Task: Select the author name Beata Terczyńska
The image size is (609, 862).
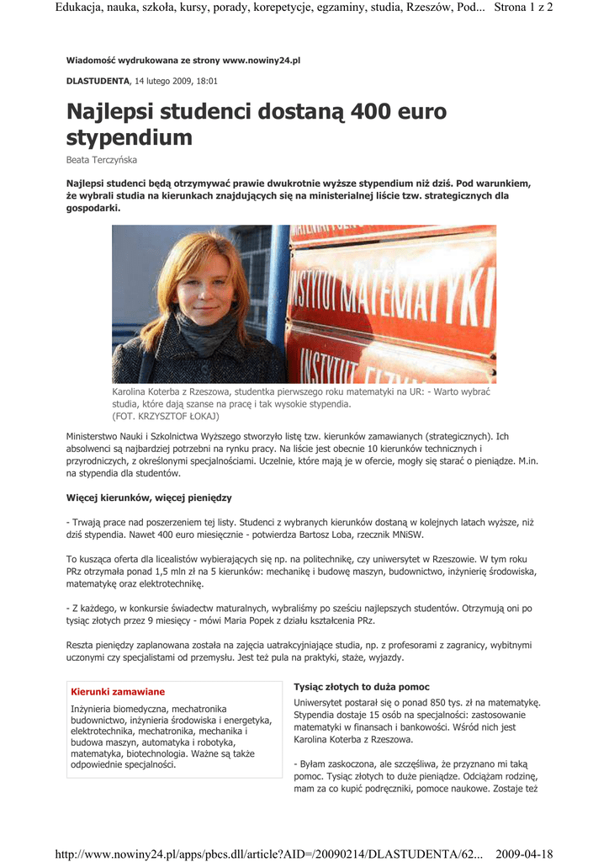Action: tap(102, 159)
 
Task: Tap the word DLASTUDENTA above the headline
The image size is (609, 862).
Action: tap(98, 81)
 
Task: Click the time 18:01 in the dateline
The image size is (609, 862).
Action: tap(206, 81)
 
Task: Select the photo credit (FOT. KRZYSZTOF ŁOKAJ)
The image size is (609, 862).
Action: tap(165, 416)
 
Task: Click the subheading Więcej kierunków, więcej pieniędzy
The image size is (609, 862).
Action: tap(149, 498)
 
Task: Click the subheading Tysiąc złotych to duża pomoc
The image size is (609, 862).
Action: tap(362, 687)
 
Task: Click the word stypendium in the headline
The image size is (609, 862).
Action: tap(130, 137)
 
